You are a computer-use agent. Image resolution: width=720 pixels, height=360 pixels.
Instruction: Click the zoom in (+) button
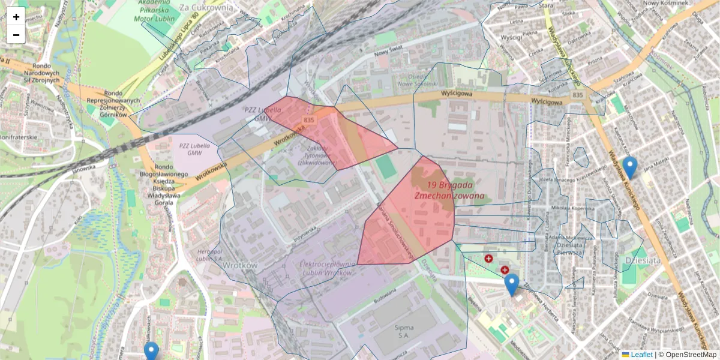16,17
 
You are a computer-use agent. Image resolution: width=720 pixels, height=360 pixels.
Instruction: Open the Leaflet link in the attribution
641,355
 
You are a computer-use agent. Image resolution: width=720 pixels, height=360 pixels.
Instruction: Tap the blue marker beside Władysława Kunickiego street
629,167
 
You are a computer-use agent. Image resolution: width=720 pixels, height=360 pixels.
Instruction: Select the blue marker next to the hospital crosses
511,284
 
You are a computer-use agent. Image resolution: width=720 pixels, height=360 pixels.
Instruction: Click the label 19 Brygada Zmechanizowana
449,190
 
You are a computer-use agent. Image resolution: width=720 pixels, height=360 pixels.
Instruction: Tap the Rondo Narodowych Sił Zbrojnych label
41,73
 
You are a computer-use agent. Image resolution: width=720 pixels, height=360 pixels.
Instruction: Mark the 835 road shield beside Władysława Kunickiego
577,95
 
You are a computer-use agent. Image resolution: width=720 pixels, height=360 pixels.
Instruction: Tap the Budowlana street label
386,296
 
